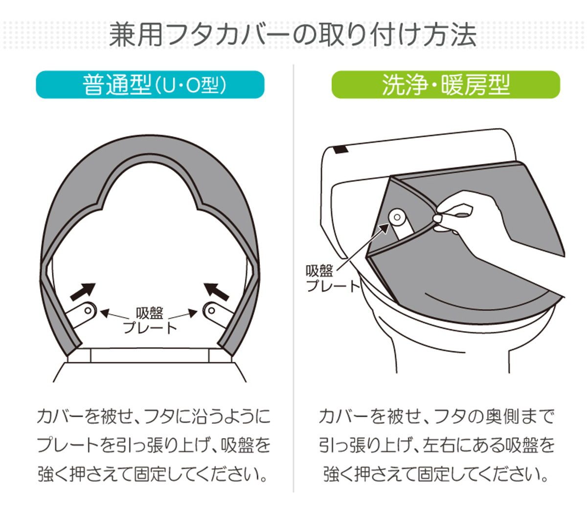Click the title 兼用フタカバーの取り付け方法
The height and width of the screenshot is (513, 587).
(x=293, y=35)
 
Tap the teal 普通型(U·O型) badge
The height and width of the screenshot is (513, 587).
(x=150, y=85)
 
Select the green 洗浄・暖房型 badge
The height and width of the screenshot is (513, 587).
(x=446, y=85)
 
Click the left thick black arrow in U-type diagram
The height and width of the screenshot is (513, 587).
(x=83, y=292)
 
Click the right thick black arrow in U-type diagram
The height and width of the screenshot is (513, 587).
(x=216, y=292)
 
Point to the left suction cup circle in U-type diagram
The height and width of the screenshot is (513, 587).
(x=88, y=311)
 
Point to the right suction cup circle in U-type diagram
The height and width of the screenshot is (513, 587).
(x=211, y=311)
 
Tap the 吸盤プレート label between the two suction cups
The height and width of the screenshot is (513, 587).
(x=150, y=321)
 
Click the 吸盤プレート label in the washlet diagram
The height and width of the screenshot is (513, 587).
(x=332, y=278)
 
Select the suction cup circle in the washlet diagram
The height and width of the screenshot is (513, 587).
(x=397, y=217)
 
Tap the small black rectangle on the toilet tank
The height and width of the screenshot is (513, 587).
(x=341, y=150)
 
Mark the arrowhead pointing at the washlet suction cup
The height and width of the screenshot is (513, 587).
(x=384, y=229)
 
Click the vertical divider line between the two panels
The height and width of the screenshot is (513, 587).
(x=293, y=278)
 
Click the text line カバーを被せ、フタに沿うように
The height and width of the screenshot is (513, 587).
(x=154, y=416)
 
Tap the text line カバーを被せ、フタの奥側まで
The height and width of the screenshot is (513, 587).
(x=436, y=416)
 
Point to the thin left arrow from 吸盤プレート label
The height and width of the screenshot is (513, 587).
(x=114, y=315)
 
